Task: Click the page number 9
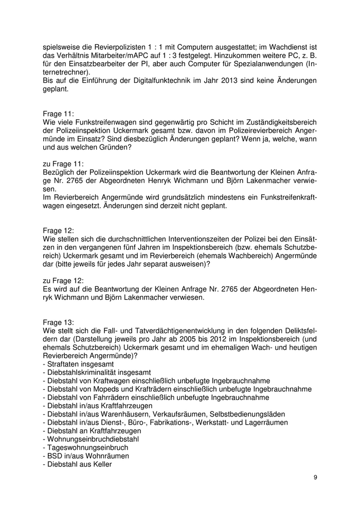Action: pyautogui.click(x=315, y=478)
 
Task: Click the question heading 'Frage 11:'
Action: pyautogui.click(x=59, y=113)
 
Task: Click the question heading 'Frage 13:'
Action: pyautogui.click(x=59, y=322)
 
